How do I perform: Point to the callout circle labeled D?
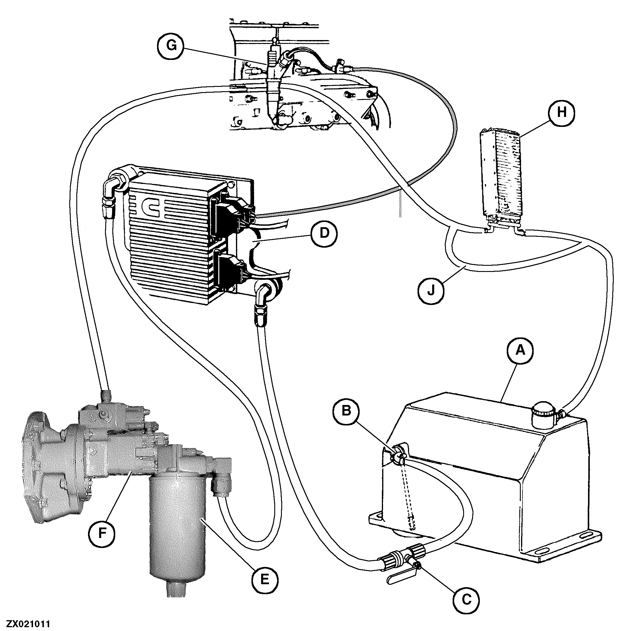tap(324, 234)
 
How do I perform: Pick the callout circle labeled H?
tap(561, 112)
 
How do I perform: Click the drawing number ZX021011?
tap(25, 624)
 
